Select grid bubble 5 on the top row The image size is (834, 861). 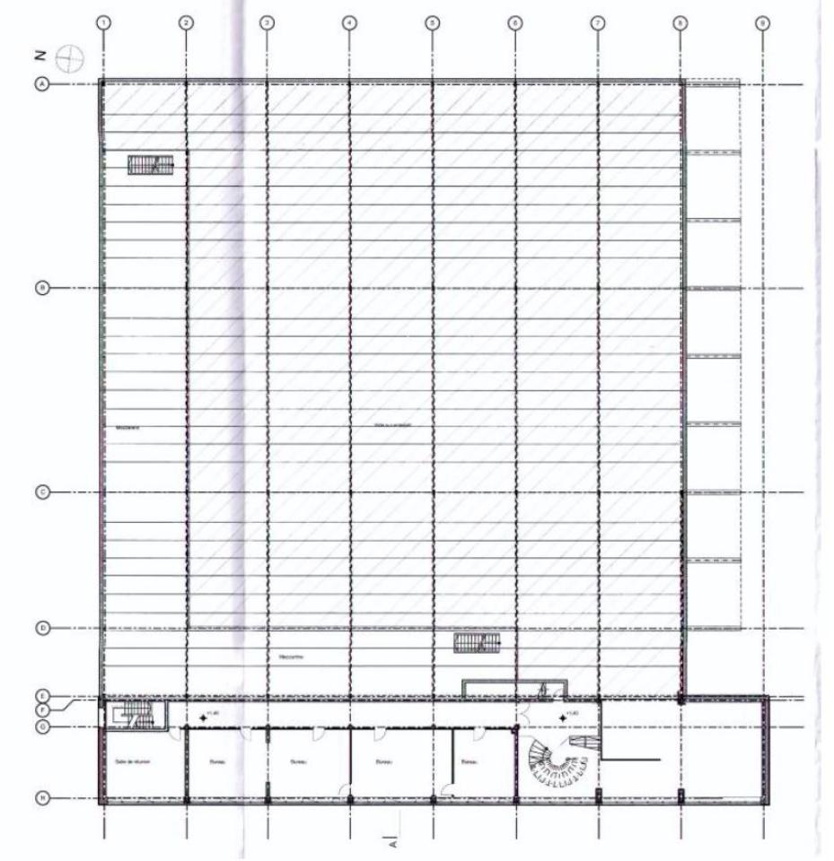pos(432,22)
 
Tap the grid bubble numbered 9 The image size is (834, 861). pos(762,22)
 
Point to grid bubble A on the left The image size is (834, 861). pos(41,83)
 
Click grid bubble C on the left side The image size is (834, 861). pos(41,492)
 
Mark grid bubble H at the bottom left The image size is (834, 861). pos(41,796)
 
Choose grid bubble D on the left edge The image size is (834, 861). pos(41,628)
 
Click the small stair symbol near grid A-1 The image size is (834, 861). pos(150,163)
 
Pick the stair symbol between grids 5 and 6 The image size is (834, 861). pos(476,643)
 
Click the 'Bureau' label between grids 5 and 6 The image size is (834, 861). pos(468,762)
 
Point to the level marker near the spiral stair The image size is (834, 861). pos(564,717)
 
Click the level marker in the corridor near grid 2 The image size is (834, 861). pos(205,716)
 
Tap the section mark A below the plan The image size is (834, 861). pos(392,842)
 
